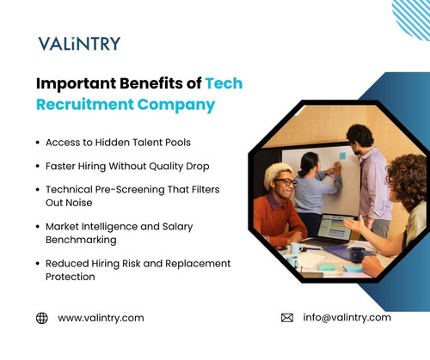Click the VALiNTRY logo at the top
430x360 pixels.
[x=79, y=43]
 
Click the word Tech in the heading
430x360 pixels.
[x=224, y=83]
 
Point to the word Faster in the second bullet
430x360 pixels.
[x=62, y=165]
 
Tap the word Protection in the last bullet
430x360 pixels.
[x=71, y=277]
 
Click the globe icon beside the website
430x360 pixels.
[x=41, y=318]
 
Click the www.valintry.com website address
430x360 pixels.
[x=101, y=318]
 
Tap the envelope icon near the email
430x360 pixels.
[x=287, y=318]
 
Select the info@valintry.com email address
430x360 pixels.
[x=347, y=318]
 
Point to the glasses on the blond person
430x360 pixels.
[x=286, y=182]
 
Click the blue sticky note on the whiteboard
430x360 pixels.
[x=341, y=156]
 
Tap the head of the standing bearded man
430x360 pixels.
[x=359, y=136]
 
